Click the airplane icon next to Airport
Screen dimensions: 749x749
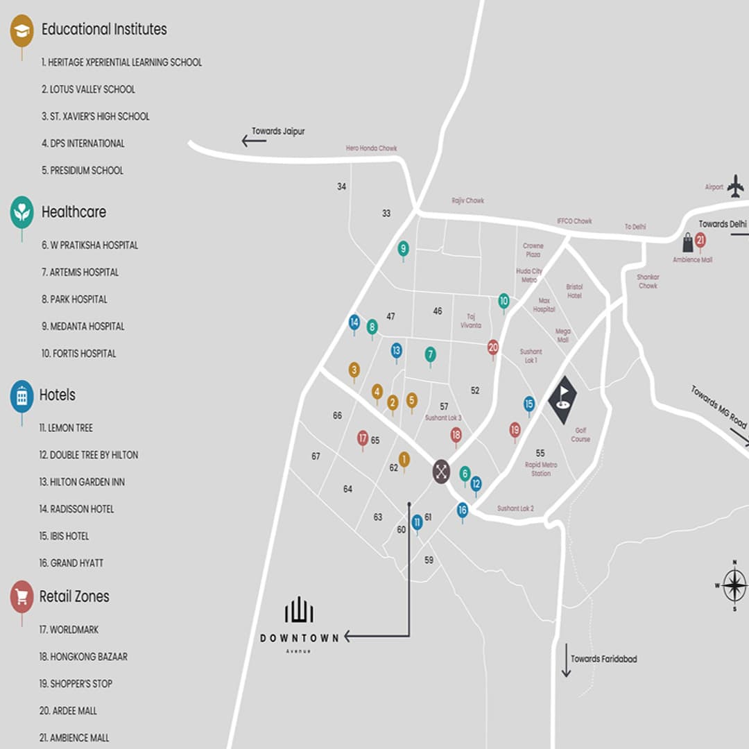click(x=735, y=186)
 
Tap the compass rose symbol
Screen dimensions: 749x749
click(x=734, y=585)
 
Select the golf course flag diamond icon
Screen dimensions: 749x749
click(x=562, y=399)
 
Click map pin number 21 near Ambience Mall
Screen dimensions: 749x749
click(x=700, y=241)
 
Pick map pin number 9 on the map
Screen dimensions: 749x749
click(x=403, y=248)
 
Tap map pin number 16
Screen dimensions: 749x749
click(x=463, y=510)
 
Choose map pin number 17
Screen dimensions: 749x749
click(x=362, y=438)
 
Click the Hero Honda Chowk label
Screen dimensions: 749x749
click(x=371, y=148)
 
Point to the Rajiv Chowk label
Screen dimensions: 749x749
click(x=467, y=200)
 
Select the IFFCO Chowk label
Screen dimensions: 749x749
click(x=574, y=221)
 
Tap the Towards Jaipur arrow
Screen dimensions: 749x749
click(x=254, y=141)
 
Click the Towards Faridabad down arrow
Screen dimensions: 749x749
click(x=566, y=664)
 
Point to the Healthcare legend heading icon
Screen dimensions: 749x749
click(x=21, y=212)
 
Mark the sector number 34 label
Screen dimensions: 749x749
click(x=341, y=187)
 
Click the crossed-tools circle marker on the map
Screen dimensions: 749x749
click(x=441, y=472)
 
